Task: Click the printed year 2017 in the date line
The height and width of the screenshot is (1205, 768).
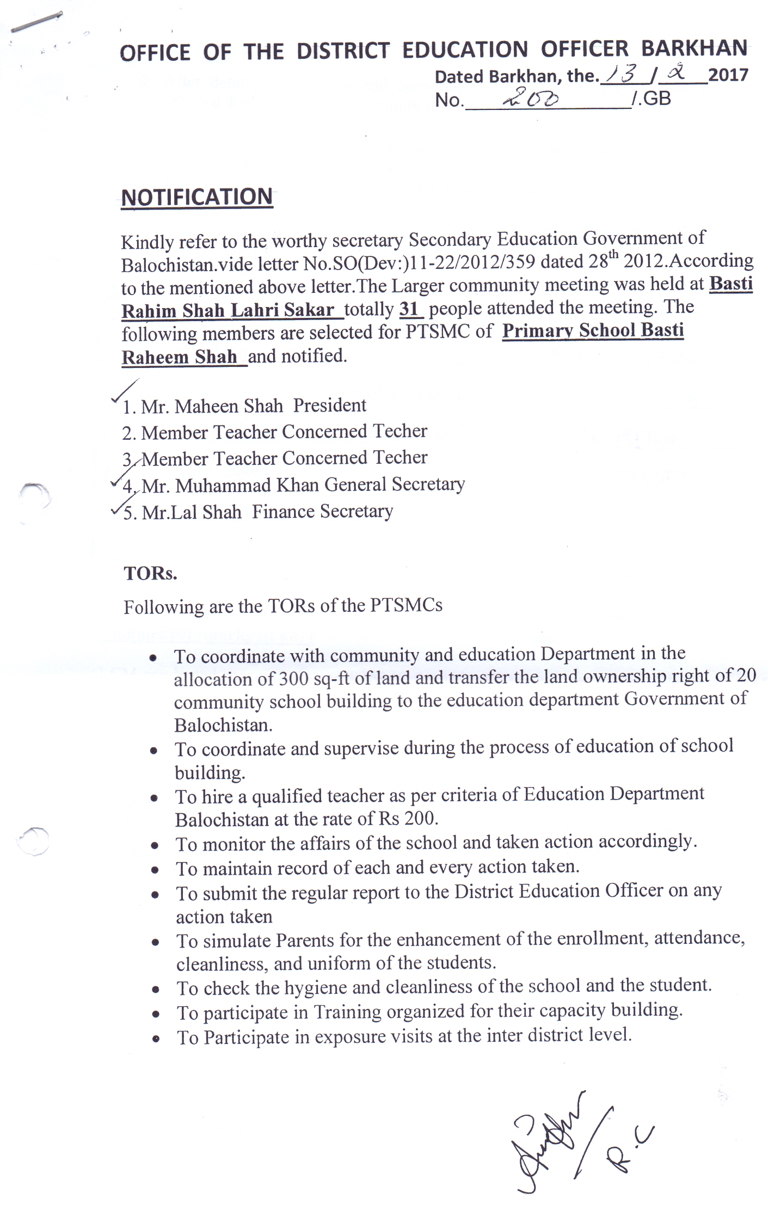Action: tap(728, 75)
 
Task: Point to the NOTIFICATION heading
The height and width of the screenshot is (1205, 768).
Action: tap(196, 197)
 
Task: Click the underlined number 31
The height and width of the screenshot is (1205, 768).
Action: tap(409, 309)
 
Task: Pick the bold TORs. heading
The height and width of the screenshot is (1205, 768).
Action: tap(150, 574)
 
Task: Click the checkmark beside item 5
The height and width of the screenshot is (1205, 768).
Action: tap(116, 510)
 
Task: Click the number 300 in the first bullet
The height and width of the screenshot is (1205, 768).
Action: tap(294, 679)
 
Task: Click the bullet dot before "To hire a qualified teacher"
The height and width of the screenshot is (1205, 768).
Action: tap(155, 798)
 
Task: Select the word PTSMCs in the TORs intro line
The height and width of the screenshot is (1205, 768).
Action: tap(406, 606)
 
